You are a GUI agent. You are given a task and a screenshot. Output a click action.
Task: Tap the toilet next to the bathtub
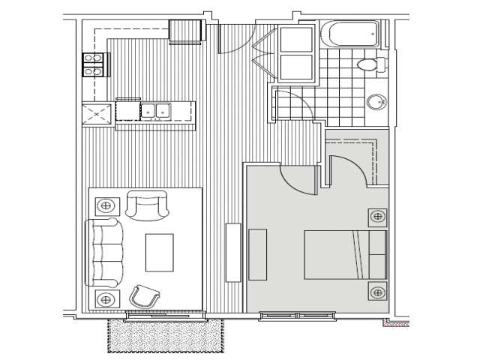368,65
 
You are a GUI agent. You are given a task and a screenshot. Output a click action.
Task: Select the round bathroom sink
376,102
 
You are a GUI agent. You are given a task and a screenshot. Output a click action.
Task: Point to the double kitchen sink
157,111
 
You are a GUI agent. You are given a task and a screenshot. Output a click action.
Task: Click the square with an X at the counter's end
97,114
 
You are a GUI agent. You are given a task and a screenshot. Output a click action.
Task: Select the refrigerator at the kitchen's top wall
186,31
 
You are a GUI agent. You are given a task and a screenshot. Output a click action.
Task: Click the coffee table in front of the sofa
159,252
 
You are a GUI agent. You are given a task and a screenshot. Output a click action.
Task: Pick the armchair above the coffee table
147,205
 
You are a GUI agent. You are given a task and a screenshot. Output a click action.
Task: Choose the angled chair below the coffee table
145,297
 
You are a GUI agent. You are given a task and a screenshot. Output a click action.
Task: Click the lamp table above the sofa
106,204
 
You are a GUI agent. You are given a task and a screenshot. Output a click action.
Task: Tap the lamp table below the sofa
106,299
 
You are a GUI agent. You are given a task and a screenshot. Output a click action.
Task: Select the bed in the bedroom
345,255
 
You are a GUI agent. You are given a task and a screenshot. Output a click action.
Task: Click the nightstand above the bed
377,217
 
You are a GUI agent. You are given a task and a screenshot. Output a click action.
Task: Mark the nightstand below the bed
377,292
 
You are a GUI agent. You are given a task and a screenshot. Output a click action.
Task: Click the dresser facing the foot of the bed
257,255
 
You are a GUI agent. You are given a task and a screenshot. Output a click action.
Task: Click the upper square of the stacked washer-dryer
296,40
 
